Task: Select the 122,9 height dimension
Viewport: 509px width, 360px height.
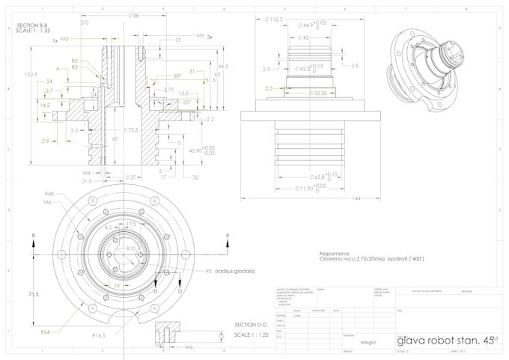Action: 30,75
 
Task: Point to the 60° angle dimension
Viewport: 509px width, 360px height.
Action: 177,76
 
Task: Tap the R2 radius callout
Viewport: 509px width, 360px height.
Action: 75,60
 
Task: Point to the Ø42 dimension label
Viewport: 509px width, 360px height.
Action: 302,37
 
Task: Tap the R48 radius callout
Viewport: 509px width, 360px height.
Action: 49,192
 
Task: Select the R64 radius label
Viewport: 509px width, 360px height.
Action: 46,331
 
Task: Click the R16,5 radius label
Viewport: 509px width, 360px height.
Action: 97,336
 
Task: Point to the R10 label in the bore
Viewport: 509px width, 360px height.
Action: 130,248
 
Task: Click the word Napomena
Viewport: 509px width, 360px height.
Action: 335,253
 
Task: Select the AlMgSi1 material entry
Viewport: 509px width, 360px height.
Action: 368,341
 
